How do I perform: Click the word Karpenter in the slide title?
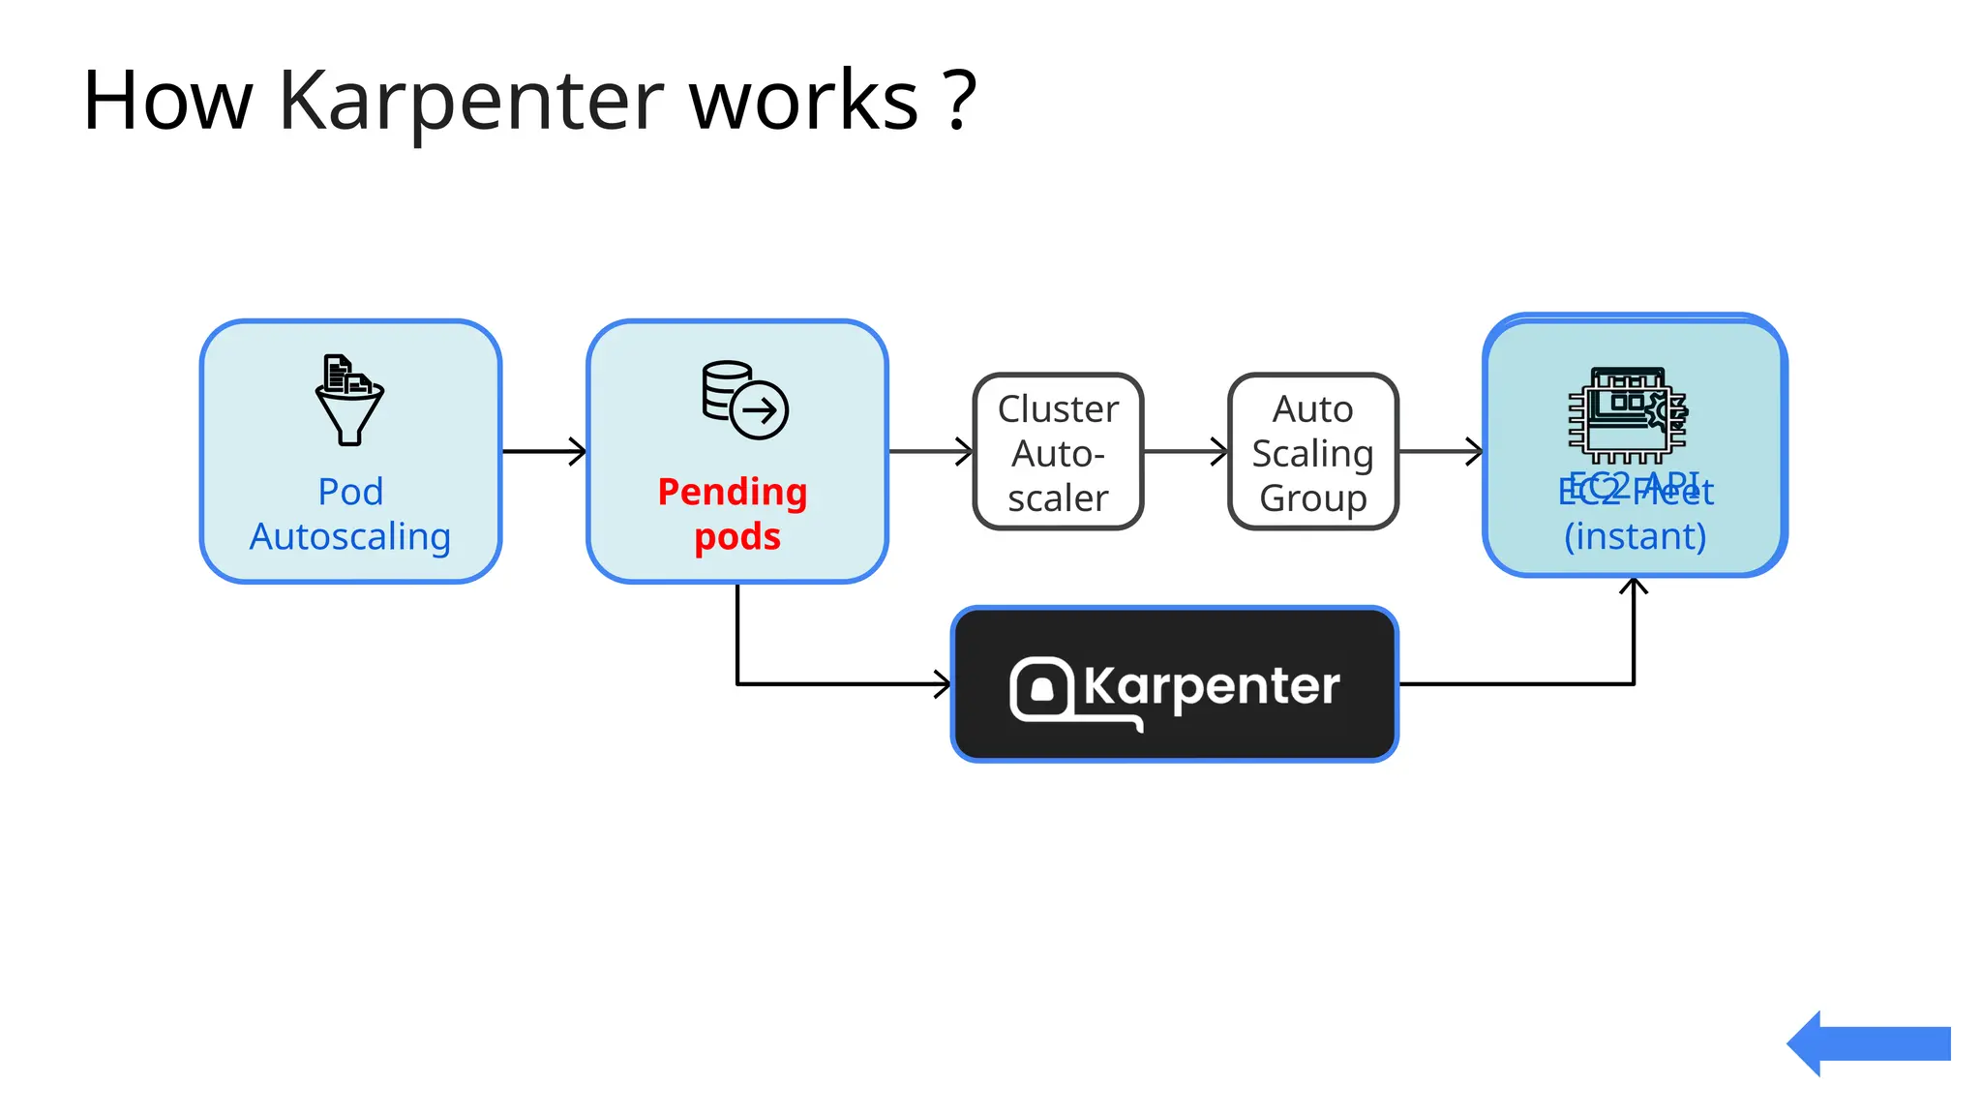pyautogui.click(x=471, y=102)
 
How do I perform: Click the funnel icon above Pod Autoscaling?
pyautogui.click(x=349, y=400)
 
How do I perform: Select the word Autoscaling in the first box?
pyautogui.click(x=350, y=536)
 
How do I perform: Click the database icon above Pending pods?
pyautogui.click(x=744, y=400)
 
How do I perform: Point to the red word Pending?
pyautogui.click(x=733, y=492)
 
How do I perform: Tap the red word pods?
pyautogui.click(x=736, y=536)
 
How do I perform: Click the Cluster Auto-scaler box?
pyautogui.click(x=1058, y=452)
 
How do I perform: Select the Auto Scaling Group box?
pyautogui.click(x=1312, y=452)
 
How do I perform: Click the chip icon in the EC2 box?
pyautogui.click(x=1628, y=414)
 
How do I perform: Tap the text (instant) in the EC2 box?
pyautogui.click(x=1635, y=536)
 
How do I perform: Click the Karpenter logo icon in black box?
pyautogui.click(x=1041, y=689)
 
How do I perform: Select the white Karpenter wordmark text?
pyautogui.click(x=1212, y=686)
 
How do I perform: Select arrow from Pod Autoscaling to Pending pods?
pyautogui.click(x=544, y=451)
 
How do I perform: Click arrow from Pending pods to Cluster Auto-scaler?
pyautogui.click(x=930, y=451)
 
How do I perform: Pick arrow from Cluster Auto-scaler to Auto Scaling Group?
pyautogui.click(x=1186, y=451)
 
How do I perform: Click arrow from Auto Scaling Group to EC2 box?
pyautogui.click(x=1440, y=451)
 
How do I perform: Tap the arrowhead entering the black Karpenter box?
pyautogui.click(x=943, y=684)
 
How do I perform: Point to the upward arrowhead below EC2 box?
pyautogui.click(x=1634, y=587)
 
